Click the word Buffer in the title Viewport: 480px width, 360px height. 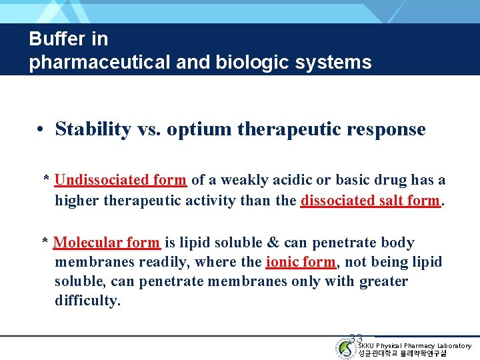click(x=51, y=39)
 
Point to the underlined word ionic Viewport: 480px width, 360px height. click(x=282, y=262)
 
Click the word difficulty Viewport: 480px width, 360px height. click(x=87, y=301)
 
